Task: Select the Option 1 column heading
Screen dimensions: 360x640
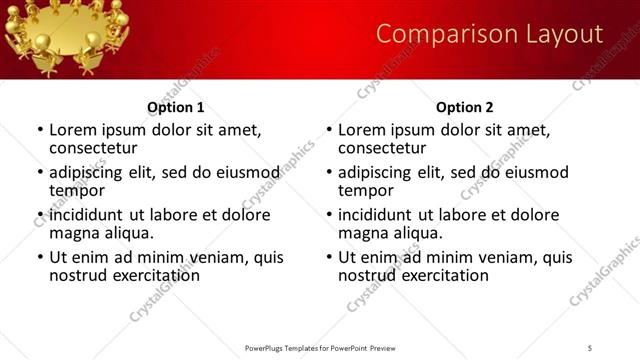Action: pos(176,107)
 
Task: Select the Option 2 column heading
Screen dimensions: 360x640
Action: pos(465,107)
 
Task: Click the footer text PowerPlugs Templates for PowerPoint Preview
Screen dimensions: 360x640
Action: pos(319,347)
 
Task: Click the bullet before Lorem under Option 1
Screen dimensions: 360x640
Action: pos(39,130)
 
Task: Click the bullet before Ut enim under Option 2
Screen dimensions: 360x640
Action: pos(328,257)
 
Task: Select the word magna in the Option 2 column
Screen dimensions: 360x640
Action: pos(364,233)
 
